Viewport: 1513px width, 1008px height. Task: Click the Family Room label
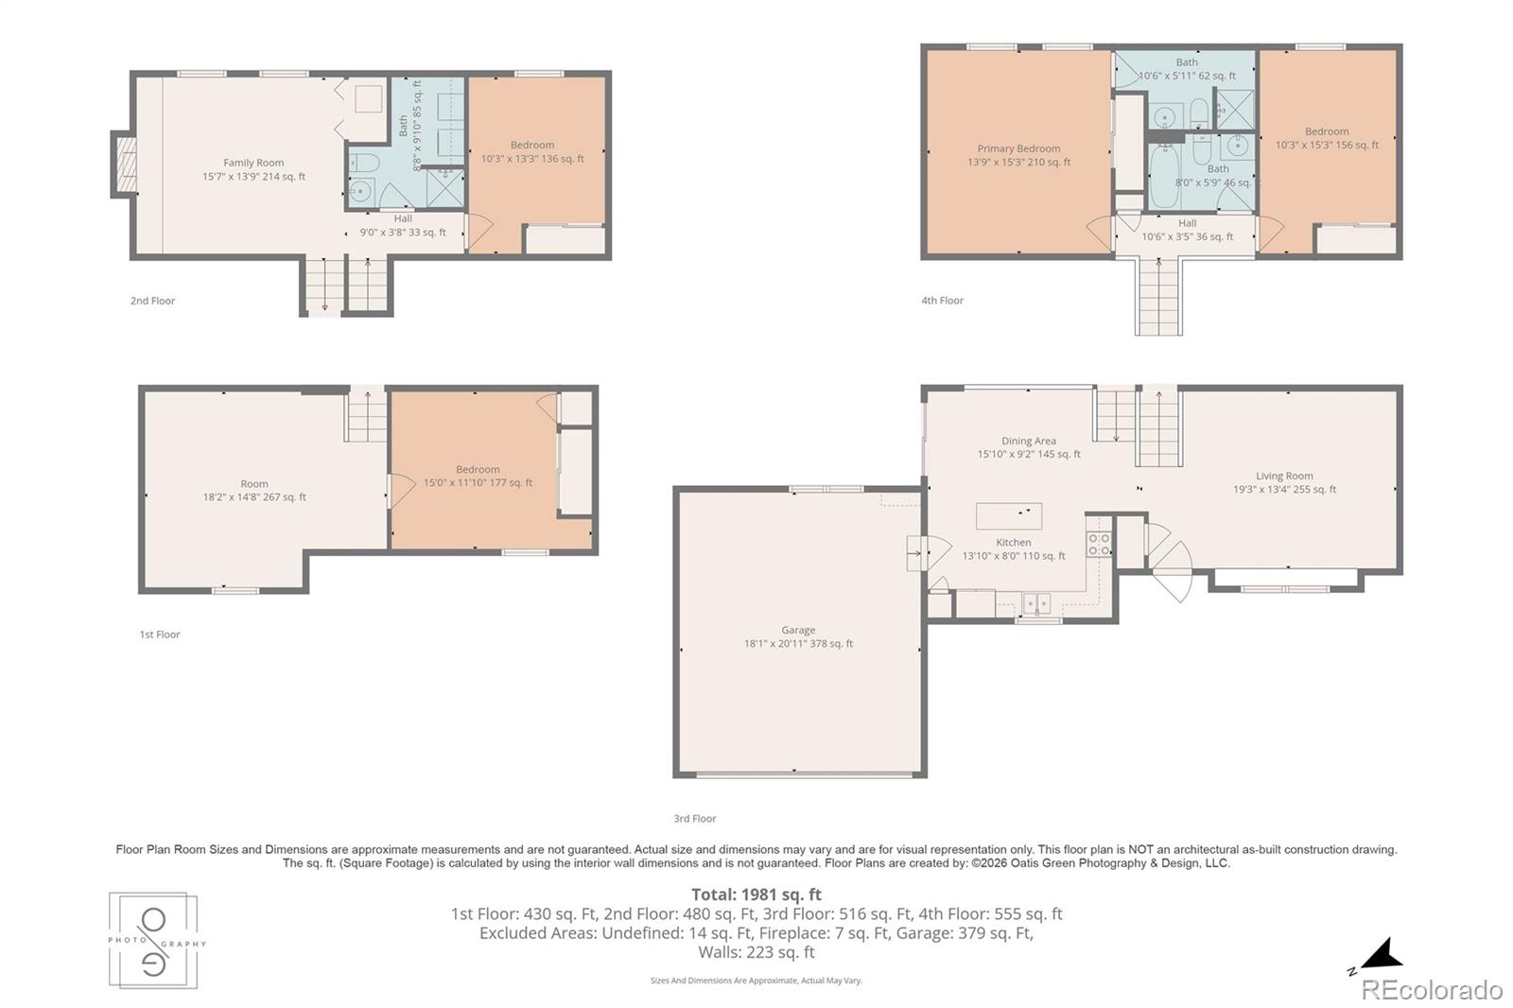tap(253, 162)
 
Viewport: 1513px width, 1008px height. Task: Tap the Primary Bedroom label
tap(1018, 148)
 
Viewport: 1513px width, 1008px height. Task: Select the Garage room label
tap(798, 630)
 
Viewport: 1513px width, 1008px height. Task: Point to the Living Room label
tap(1284, 476)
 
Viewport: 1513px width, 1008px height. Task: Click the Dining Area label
tap(1029, 441)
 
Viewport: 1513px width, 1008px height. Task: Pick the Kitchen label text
tap(1013, 542)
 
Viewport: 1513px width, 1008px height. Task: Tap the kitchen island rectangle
tap(1008, 516)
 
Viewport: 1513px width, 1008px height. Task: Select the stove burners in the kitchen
tap(1098, 545)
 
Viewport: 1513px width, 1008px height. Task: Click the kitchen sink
tap(1036, 602)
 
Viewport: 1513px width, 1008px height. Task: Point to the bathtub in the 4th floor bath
tap(1163, 177)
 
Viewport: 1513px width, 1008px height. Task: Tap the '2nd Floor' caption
tap(152, 301)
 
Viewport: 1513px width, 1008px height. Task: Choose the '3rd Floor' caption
tap(694, 818)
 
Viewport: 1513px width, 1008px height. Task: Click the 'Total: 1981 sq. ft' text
tap(756, 894)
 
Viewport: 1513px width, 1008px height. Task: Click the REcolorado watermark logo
tap(1432, 990)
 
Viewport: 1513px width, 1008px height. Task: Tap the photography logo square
tap(153, 941)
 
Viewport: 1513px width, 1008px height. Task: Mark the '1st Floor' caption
tap(160, 634)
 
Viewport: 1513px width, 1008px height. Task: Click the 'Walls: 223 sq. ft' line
tap(756, 952)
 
